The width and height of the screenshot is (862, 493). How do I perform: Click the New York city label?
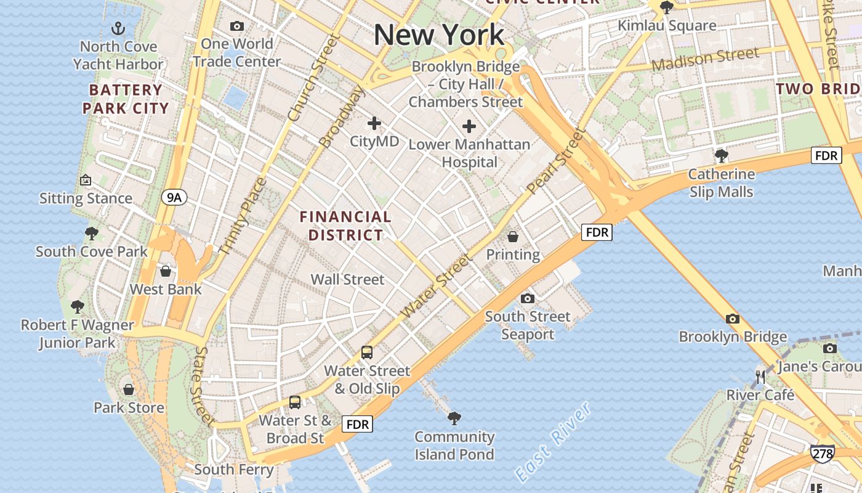[439, 35]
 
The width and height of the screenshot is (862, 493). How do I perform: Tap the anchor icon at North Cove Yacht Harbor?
[118, 28]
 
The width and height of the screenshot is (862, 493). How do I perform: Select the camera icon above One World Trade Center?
[236, 26]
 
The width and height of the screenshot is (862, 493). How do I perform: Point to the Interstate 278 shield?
[822, 454]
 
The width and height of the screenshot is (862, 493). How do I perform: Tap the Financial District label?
[345, 226]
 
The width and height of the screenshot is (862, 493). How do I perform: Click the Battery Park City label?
[126, 99]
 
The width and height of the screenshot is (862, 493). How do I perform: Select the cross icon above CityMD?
[374, 123]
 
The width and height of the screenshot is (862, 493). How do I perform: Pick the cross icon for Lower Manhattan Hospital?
[469, 126]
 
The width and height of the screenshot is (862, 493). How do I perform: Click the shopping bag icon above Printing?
[512, 237]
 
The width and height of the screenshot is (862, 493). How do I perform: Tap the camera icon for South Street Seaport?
[527, 299]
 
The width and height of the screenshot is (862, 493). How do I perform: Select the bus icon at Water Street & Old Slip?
[367, 352]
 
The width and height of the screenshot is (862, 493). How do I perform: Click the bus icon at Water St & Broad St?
[295, 402]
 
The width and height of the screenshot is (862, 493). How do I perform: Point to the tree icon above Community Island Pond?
[454, 418]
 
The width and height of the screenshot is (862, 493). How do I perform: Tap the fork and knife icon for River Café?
[760, 377]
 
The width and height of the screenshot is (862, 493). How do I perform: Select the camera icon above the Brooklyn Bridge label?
[732, 319]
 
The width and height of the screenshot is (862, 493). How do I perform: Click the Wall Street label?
[347, 279]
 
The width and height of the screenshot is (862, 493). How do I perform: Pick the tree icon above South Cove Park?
[92, 234]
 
